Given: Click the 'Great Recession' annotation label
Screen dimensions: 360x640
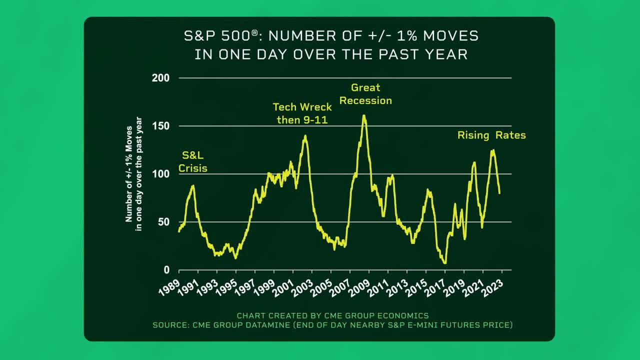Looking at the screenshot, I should [x=365, y=94].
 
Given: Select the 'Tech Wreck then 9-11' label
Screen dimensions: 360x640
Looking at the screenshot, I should [x=301, y=113].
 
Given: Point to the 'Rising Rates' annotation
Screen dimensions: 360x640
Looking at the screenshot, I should [x=491, y=135].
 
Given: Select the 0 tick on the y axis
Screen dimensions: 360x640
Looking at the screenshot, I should [x=166, y=270].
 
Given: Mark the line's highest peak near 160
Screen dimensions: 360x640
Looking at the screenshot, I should [x=364, y=116].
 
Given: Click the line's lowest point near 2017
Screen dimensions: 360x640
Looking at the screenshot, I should [x=444, y=263].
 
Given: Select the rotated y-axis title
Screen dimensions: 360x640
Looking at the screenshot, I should [x=133, y=174].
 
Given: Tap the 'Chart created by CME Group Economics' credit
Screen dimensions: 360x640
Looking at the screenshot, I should [x=332, y=315].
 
